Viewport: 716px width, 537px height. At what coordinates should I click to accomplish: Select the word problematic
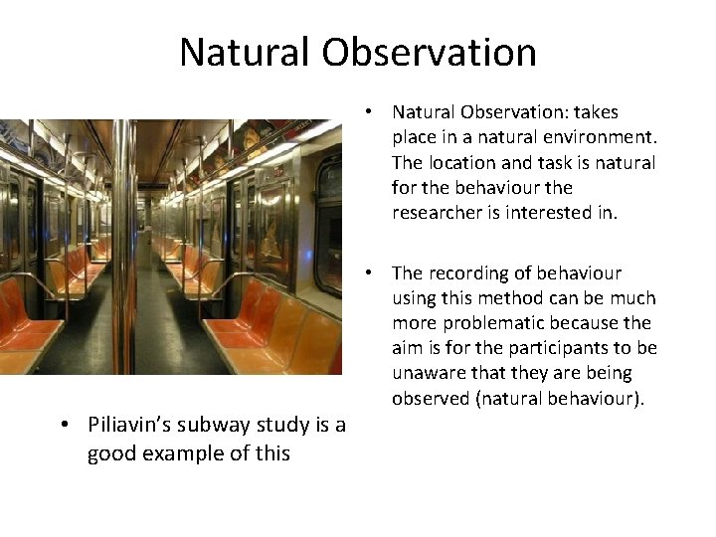coord(492,323)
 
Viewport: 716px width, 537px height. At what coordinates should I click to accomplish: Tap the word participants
coord(549,348)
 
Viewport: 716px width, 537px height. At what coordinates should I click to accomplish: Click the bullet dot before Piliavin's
coord(63,426)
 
